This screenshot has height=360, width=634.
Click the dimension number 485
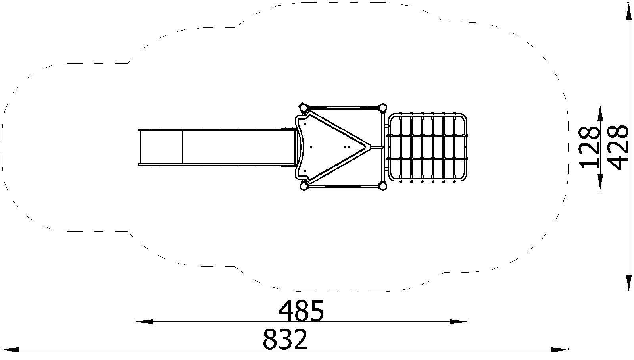click(x=301, y=311)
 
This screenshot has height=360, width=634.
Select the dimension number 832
click(x=285, y=339)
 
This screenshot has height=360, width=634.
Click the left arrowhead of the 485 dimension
click(x=144, y=322)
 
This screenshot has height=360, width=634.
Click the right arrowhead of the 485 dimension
click(x=458, y=322)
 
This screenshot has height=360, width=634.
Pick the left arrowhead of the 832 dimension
click(x=10, y=350)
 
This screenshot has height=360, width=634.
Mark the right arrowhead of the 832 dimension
click(x=559, y=350)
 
